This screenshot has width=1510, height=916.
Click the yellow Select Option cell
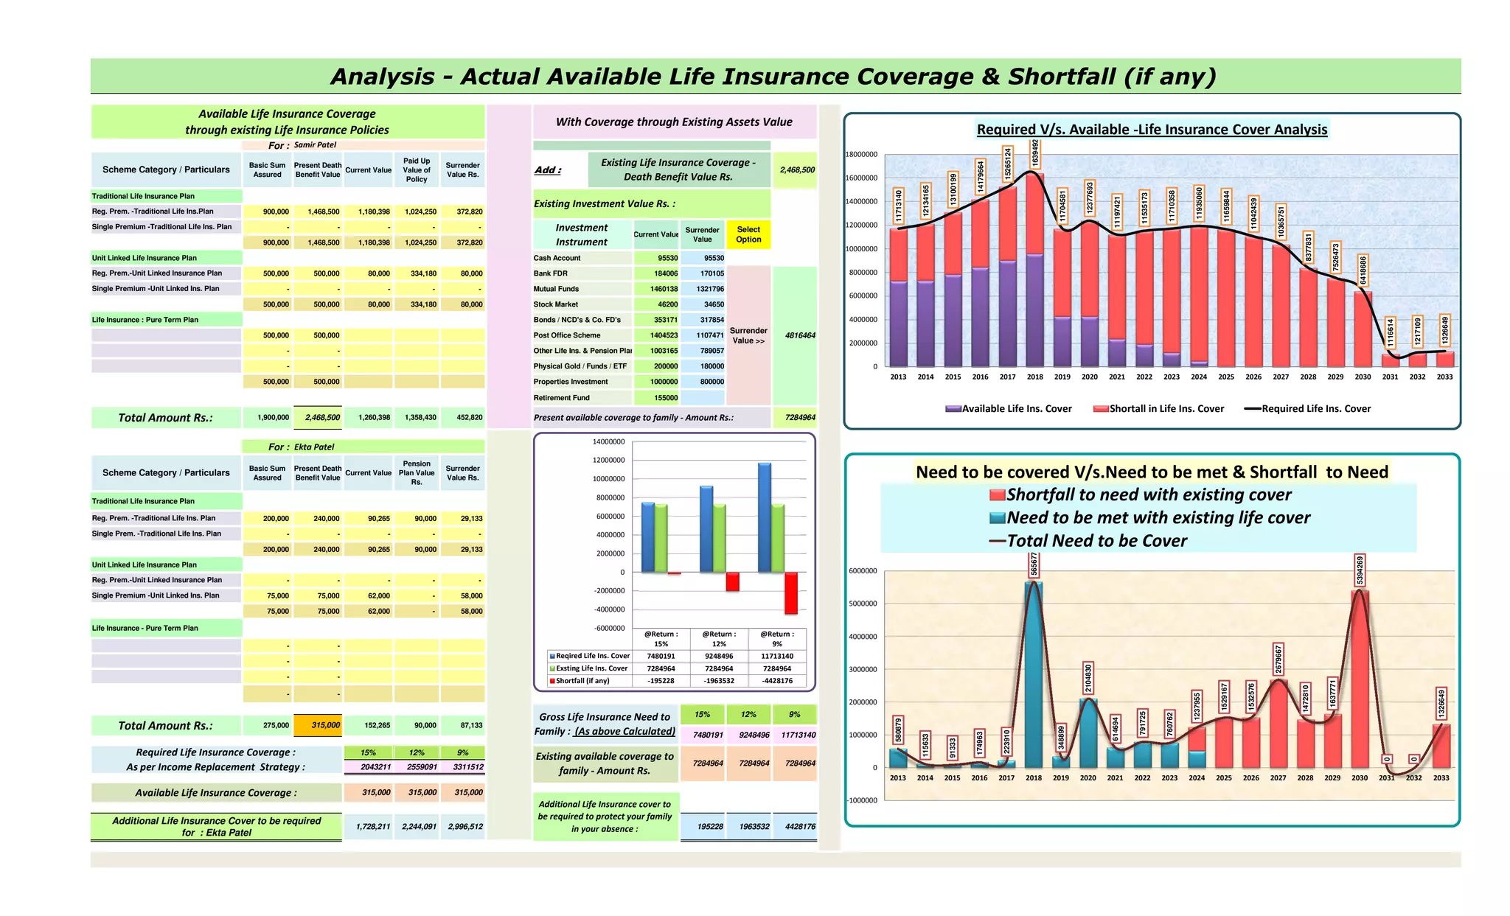(x=748, y=234)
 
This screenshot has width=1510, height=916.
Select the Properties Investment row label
(x=571, y=382)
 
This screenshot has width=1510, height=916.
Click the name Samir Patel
(x=315, y=145)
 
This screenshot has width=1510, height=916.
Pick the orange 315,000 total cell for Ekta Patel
(x=318, y=725)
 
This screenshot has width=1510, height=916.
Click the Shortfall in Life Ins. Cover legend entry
(x=1158, y=409)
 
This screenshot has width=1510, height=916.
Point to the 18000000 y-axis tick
(x=861, y=155)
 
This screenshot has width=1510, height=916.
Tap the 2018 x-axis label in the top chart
(x=1035, y=377)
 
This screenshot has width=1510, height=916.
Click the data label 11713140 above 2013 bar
(x=898, y=206)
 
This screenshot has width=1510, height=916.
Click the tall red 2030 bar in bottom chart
(x=1360, y=678)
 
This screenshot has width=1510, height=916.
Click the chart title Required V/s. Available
(x=1152, y=130)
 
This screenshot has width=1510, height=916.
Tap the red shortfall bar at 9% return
(x=790, y=593)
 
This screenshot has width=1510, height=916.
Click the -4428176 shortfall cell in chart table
(x=777, y=681)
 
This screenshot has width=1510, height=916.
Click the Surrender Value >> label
(x=748, y=336)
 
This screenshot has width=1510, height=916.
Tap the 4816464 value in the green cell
(x=800, y=335)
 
